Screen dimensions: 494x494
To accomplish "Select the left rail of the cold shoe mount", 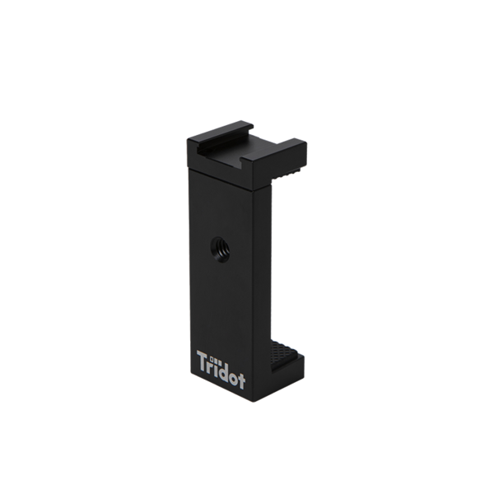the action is pos(221,132).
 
